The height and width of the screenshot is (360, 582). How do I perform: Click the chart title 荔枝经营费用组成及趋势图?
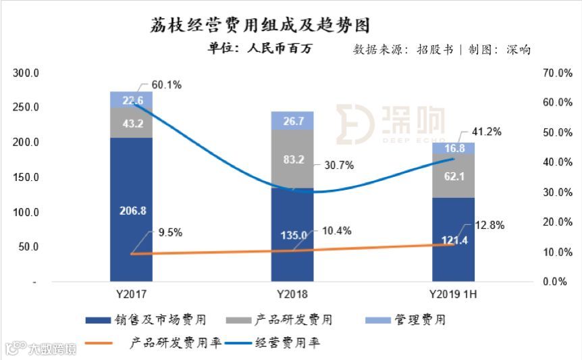(259, 25)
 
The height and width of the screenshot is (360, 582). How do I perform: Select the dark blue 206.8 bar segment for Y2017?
(131, 210)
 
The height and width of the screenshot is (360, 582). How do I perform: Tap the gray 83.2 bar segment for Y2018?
(292, 158)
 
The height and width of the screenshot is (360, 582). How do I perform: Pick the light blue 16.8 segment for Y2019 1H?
(454, 148)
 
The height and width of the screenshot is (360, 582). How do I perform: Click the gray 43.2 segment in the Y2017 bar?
(131, 123)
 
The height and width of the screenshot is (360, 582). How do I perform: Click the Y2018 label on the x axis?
(292, 294)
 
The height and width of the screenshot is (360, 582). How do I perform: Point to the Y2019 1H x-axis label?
(454, 294)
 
